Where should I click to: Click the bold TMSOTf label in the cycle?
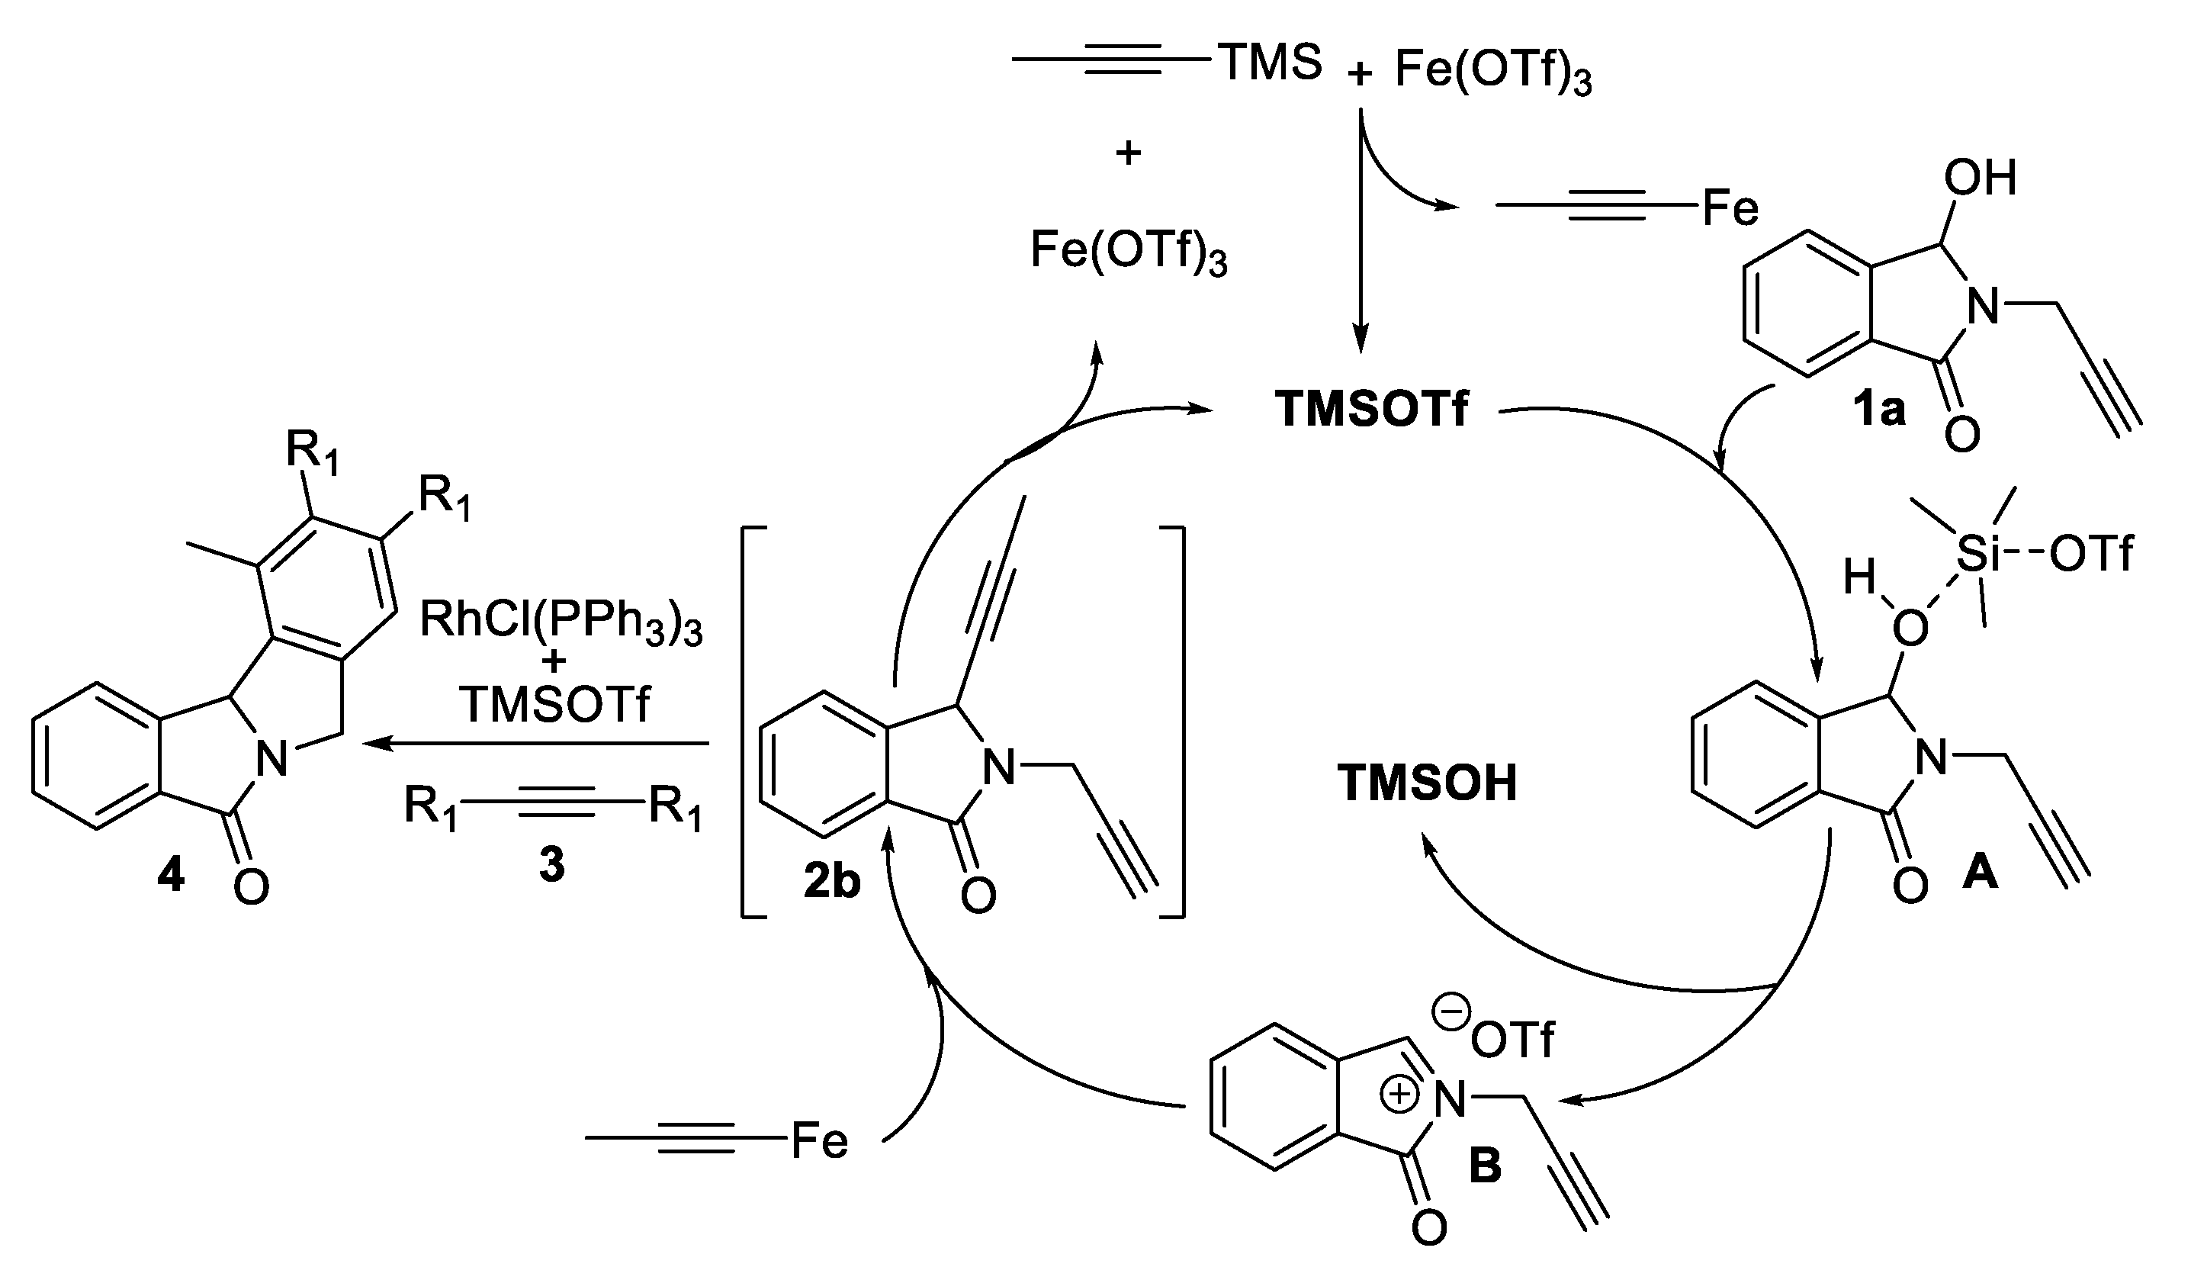[1371, 410]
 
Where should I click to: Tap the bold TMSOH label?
[1427, 783]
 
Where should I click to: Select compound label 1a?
[1878, 409]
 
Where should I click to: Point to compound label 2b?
[832, 881]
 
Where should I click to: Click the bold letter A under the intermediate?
[1981, 872]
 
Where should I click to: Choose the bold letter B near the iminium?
[1485, 1166]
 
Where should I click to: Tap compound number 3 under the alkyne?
[551, 865]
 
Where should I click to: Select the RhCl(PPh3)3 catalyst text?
[561, 622]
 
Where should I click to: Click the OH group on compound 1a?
[1980, 178]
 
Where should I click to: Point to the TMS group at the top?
[1272, 63]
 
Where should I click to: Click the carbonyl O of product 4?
[251, 887]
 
